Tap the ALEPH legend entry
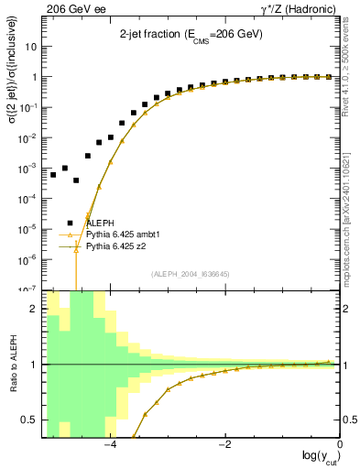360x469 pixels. click(100, 223)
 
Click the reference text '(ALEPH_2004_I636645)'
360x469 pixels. click(191, 274)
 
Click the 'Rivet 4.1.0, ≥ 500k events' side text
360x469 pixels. click(352, 73)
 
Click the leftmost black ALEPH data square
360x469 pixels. click(53, 174)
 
